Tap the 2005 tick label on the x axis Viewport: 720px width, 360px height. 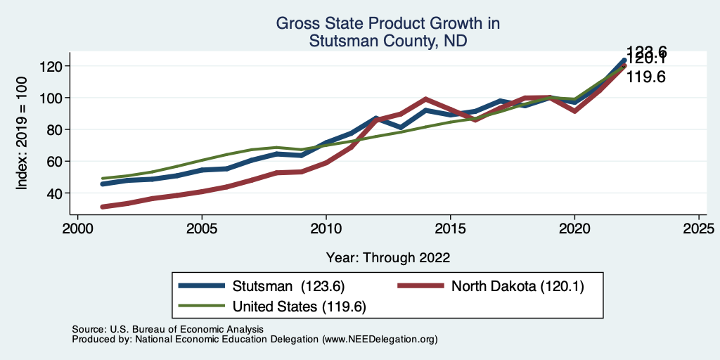click(202, 229)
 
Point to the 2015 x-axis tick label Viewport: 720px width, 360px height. click(450, 229)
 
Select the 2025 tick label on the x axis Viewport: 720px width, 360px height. click(698, 229)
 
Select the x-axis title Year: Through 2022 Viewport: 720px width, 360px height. click(388, 257)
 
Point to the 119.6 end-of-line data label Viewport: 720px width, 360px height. click(645, 77)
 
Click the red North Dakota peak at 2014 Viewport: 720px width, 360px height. click(425, 99)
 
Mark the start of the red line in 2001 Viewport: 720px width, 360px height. click(103, 207)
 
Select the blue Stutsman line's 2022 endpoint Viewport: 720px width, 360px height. click(624, 60)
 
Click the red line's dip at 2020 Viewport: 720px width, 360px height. click(574, 111)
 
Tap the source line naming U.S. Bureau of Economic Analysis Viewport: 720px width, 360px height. click(167, 329)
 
